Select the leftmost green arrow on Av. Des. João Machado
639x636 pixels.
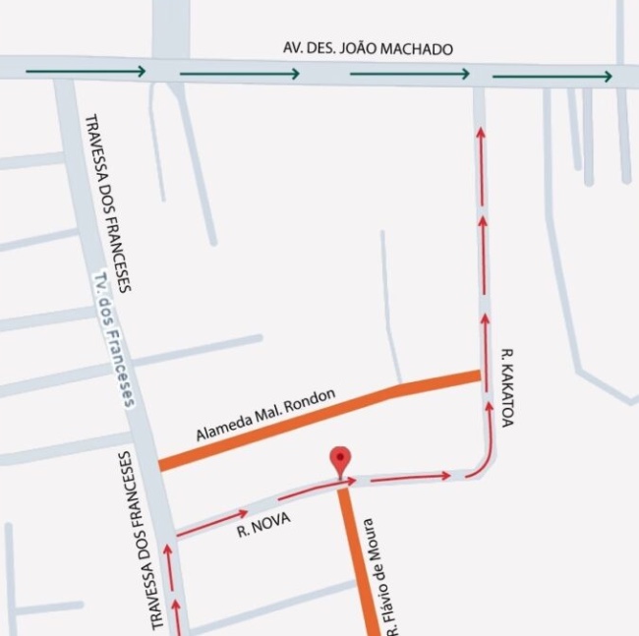click(x=87, y=71)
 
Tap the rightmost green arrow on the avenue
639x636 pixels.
click(x=552, y=76)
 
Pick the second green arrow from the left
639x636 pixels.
click(x=240, y=73)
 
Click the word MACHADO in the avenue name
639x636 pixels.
click(x=420, y=49)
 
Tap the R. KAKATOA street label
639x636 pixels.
click(x=507, y=385)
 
